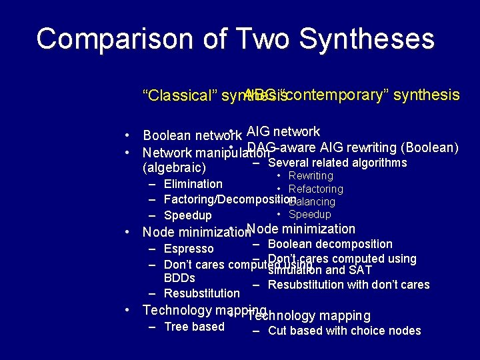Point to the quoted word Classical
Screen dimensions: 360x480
point(177,95)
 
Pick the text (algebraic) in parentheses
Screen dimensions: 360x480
point(175,167)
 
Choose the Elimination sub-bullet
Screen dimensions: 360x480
point(193,184)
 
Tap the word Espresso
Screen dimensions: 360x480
point(189,249)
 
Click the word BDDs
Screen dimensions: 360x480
point(179,278)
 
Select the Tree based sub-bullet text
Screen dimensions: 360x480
point(194,327)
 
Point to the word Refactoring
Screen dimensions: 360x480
point(316,189)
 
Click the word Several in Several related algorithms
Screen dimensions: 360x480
point(287,163)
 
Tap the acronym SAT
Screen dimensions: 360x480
point(359,270)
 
